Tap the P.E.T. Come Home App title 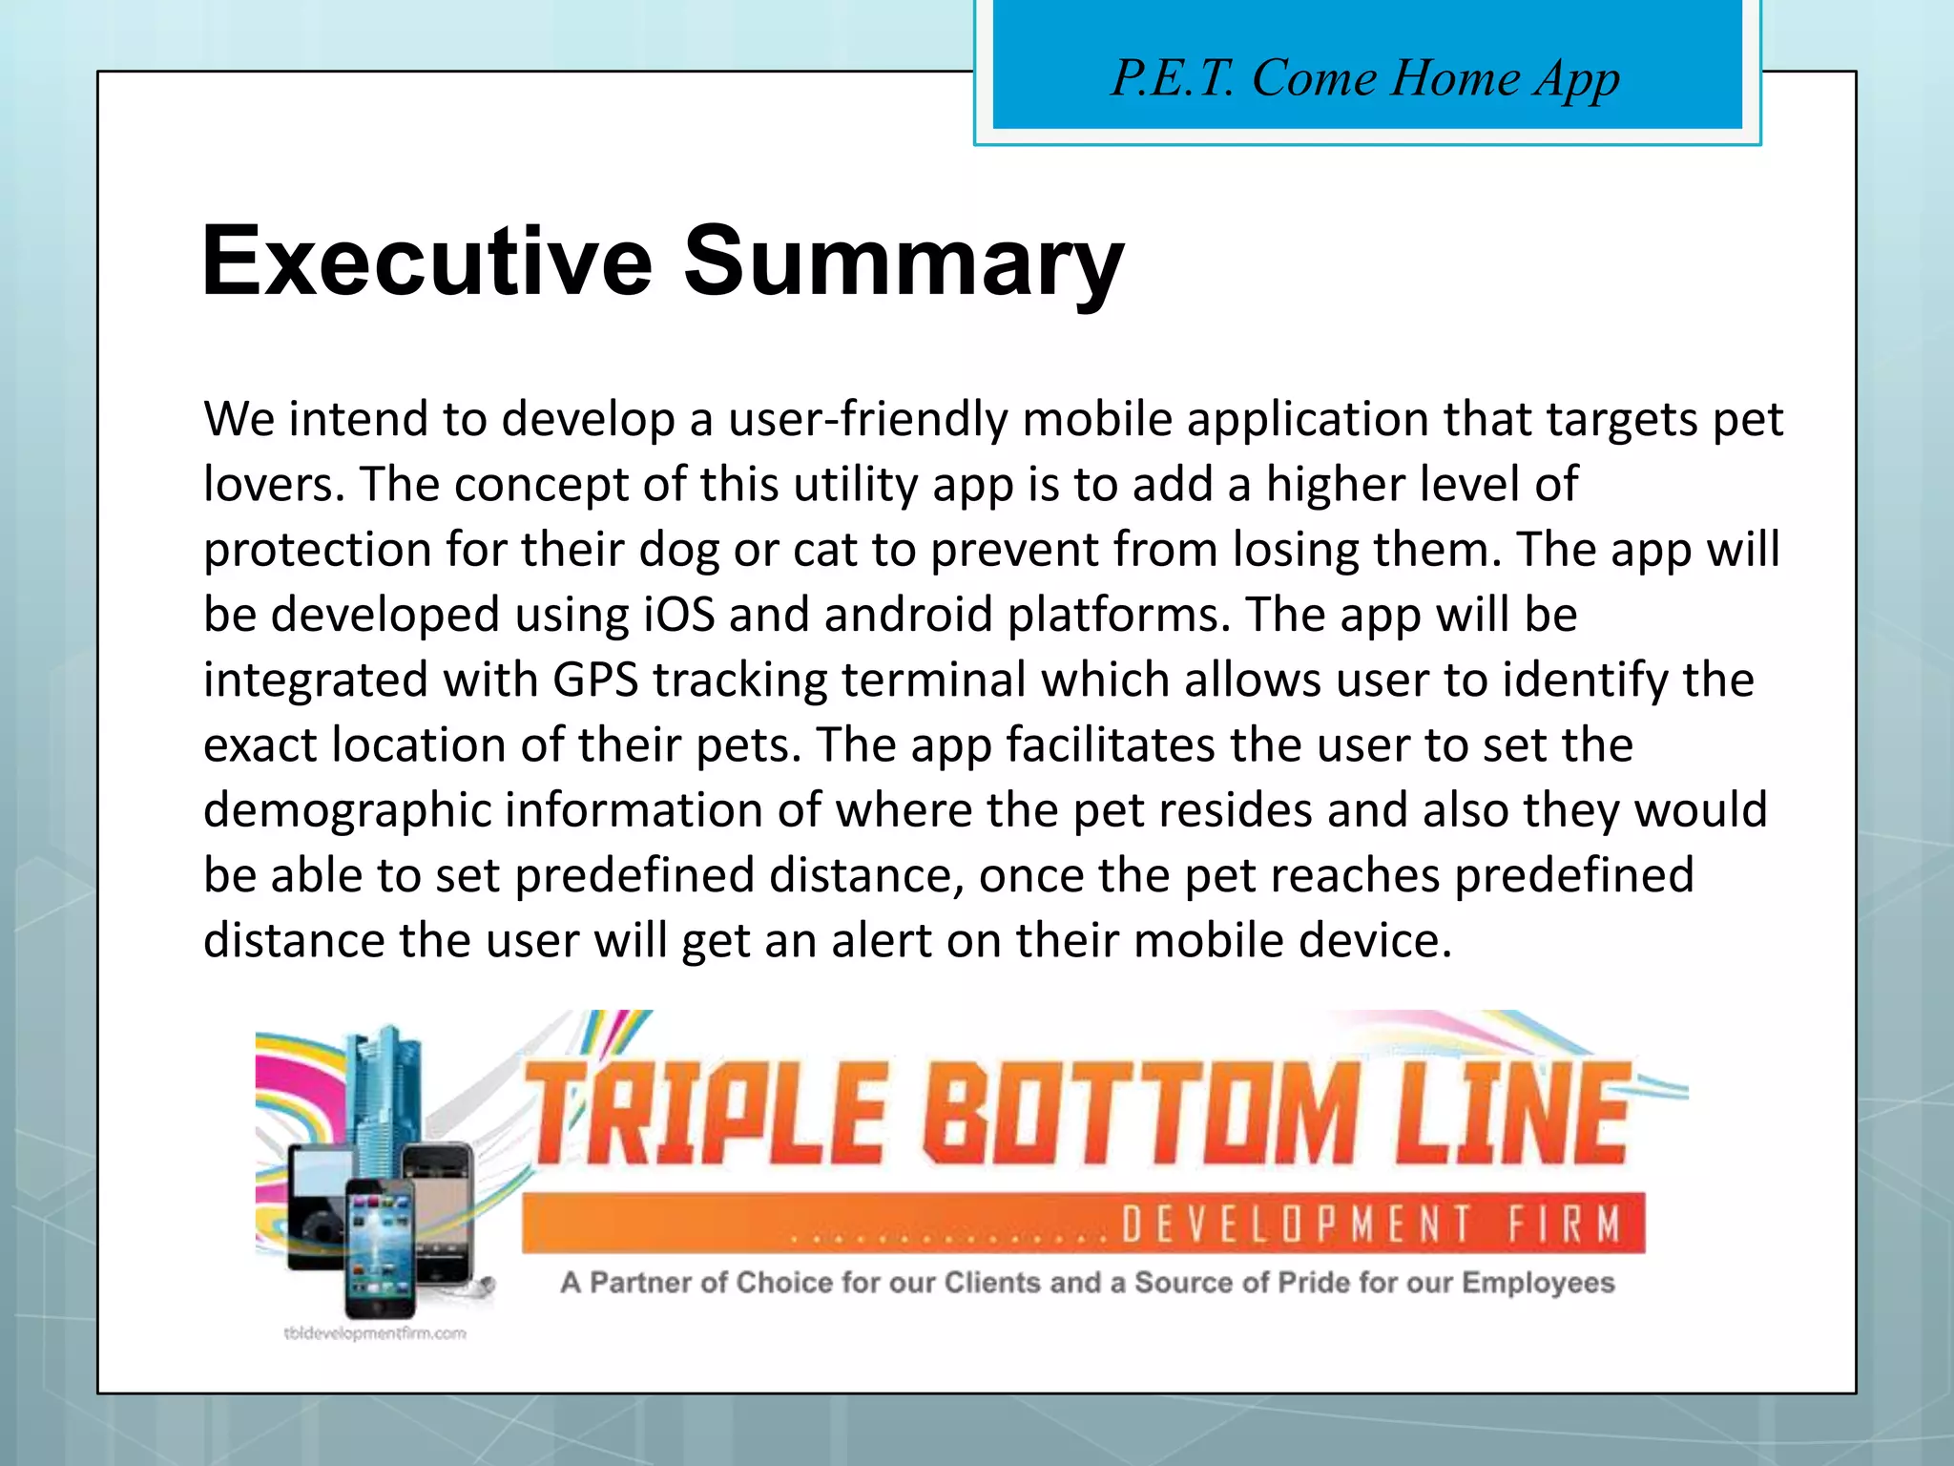1365,78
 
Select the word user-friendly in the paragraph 867,419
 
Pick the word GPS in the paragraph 595,680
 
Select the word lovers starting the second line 273,484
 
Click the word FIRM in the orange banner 1565,1224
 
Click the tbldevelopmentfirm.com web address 375,1333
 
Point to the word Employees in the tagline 1538,1282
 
